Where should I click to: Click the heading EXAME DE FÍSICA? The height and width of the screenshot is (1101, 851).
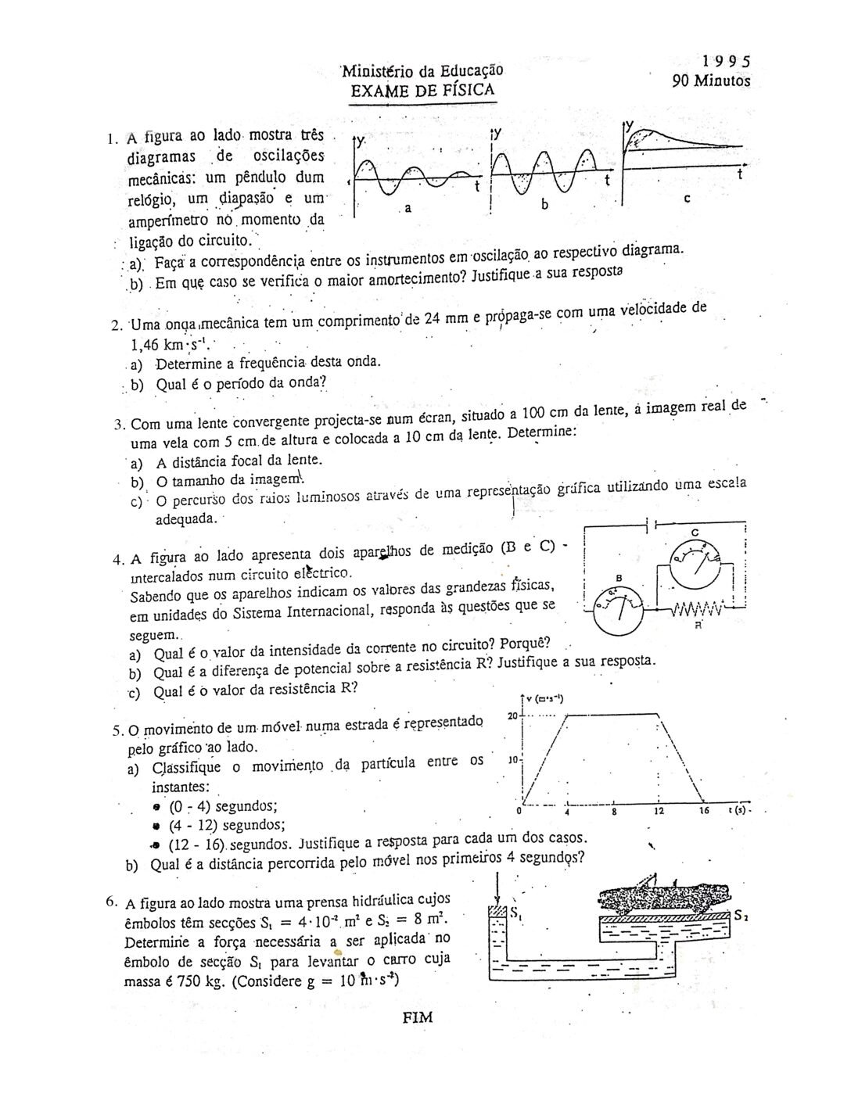(422, 90)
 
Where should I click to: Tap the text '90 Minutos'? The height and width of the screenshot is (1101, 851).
(711, 81)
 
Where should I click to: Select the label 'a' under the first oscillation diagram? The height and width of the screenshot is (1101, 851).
(408, 210)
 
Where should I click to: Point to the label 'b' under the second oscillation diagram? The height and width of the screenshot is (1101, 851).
(546, 205)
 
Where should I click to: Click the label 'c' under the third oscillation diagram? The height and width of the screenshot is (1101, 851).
(686, 199)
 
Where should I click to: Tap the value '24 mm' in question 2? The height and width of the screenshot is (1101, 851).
(443, 319)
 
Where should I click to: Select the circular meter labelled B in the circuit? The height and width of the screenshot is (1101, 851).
(618, 610)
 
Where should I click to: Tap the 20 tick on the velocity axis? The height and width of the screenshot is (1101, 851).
(512, 715)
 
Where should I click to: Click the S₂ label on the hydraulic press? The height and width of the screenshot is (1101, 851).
(741, 915)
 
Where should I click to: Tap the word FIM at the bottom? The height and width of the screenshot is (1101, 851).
(417, 1017)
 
